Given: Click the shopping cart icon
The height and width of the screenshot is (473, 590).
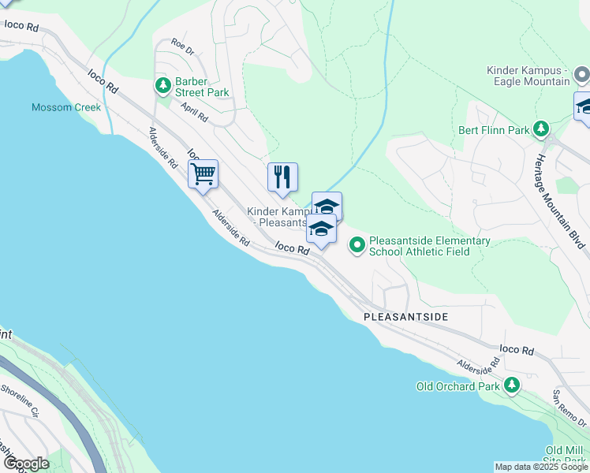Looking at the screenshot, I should (204, 174).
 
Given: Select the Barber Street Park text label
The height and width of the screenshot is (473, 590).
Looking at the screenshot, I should (201, 92).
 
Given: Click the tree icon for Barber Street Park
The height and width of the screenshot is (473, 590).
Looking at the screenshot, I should (163, 84).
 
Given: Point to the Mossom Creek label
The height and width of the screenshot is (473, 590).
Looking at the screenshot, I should (66, 107).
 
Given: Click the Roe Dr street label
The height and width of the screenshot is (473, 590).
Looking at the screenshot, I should (181, 48).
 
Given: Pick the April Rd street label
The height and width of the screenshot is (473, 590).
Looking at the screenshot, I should (194, 112).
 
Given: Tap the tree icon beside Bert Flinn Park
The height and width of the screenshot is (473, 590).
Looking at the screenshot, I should (541, 128).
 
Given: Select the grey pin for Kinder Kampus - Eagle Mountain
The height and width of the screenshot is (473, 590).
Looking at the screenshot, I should (582, 76).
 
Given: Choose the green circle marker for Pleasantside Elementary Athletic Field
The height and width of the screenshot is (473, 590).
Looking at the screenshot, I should (357, 246).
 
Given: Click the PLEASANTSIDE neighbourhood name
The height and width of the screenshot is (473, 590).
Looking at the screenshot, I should (405, 316).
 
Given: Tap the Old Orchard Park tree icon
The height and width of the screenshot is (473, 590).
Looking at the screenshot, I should (512, 385).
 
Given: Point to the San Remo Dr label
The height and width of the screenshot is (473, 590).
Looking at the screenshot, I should (569, 404).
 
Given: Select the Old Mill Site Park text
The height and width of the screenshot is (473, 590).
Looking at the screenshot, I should (565, 455).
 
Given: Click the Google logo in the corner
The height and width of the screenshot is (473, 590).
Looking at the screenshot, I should (26, 464).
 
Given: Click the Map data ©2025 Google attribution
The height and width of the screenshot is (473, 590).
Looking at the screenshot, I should (541, 467).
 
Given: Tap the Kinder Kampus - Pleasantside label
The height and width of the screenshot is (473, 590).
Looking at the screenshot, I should (278, 217).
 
